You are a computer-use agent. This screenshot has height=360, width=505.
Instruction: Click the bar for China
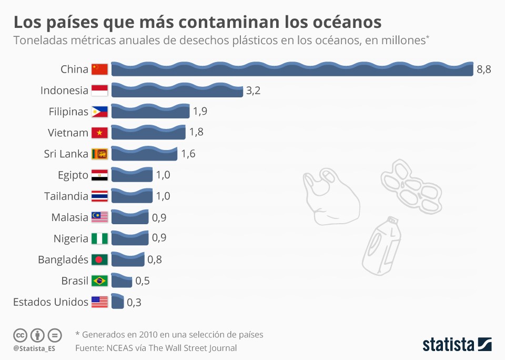point(292,69)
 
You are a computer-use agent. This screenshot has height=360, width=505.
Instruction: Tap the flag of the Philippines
point(99,112)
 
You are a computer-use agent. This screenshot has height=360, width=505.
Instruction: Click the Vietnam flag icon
point(99,133)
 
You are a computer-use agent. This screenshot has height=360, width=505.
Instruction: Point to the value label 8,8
point(484,69)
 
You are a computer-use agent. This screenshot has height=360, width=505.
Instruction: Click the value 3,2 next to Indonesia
point(253,91)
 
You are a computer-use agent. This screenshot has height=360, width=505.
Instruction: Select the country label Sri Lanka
point(66,154)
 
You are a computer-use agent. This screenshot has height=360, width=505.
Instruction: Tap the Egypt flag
point(99,175)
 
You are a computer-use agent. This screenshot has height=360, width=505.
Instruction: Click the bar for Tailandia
point(132,196)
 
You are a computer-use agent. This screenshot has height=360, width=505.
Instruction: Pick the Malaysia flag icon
point(99,217)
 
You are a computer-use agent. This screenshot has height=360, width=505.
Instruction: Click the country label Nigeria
point(70,238)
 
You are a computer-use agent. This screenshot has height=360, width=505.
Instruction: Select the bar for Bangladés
point(127,259)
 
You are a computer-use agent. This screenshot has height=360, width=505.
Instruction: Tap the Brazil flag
point(99,281)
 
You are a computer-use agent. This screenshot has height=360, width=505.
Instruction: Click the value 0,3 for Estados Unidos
point(134,302)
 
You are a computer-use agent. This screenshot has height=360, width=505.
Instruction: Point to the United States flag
point(99,302)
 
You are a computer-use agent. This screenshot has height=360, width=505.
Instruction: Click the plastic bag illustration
point(329,197)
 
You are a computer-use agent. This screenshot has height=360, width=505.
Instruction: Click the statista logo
point(457,345)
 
